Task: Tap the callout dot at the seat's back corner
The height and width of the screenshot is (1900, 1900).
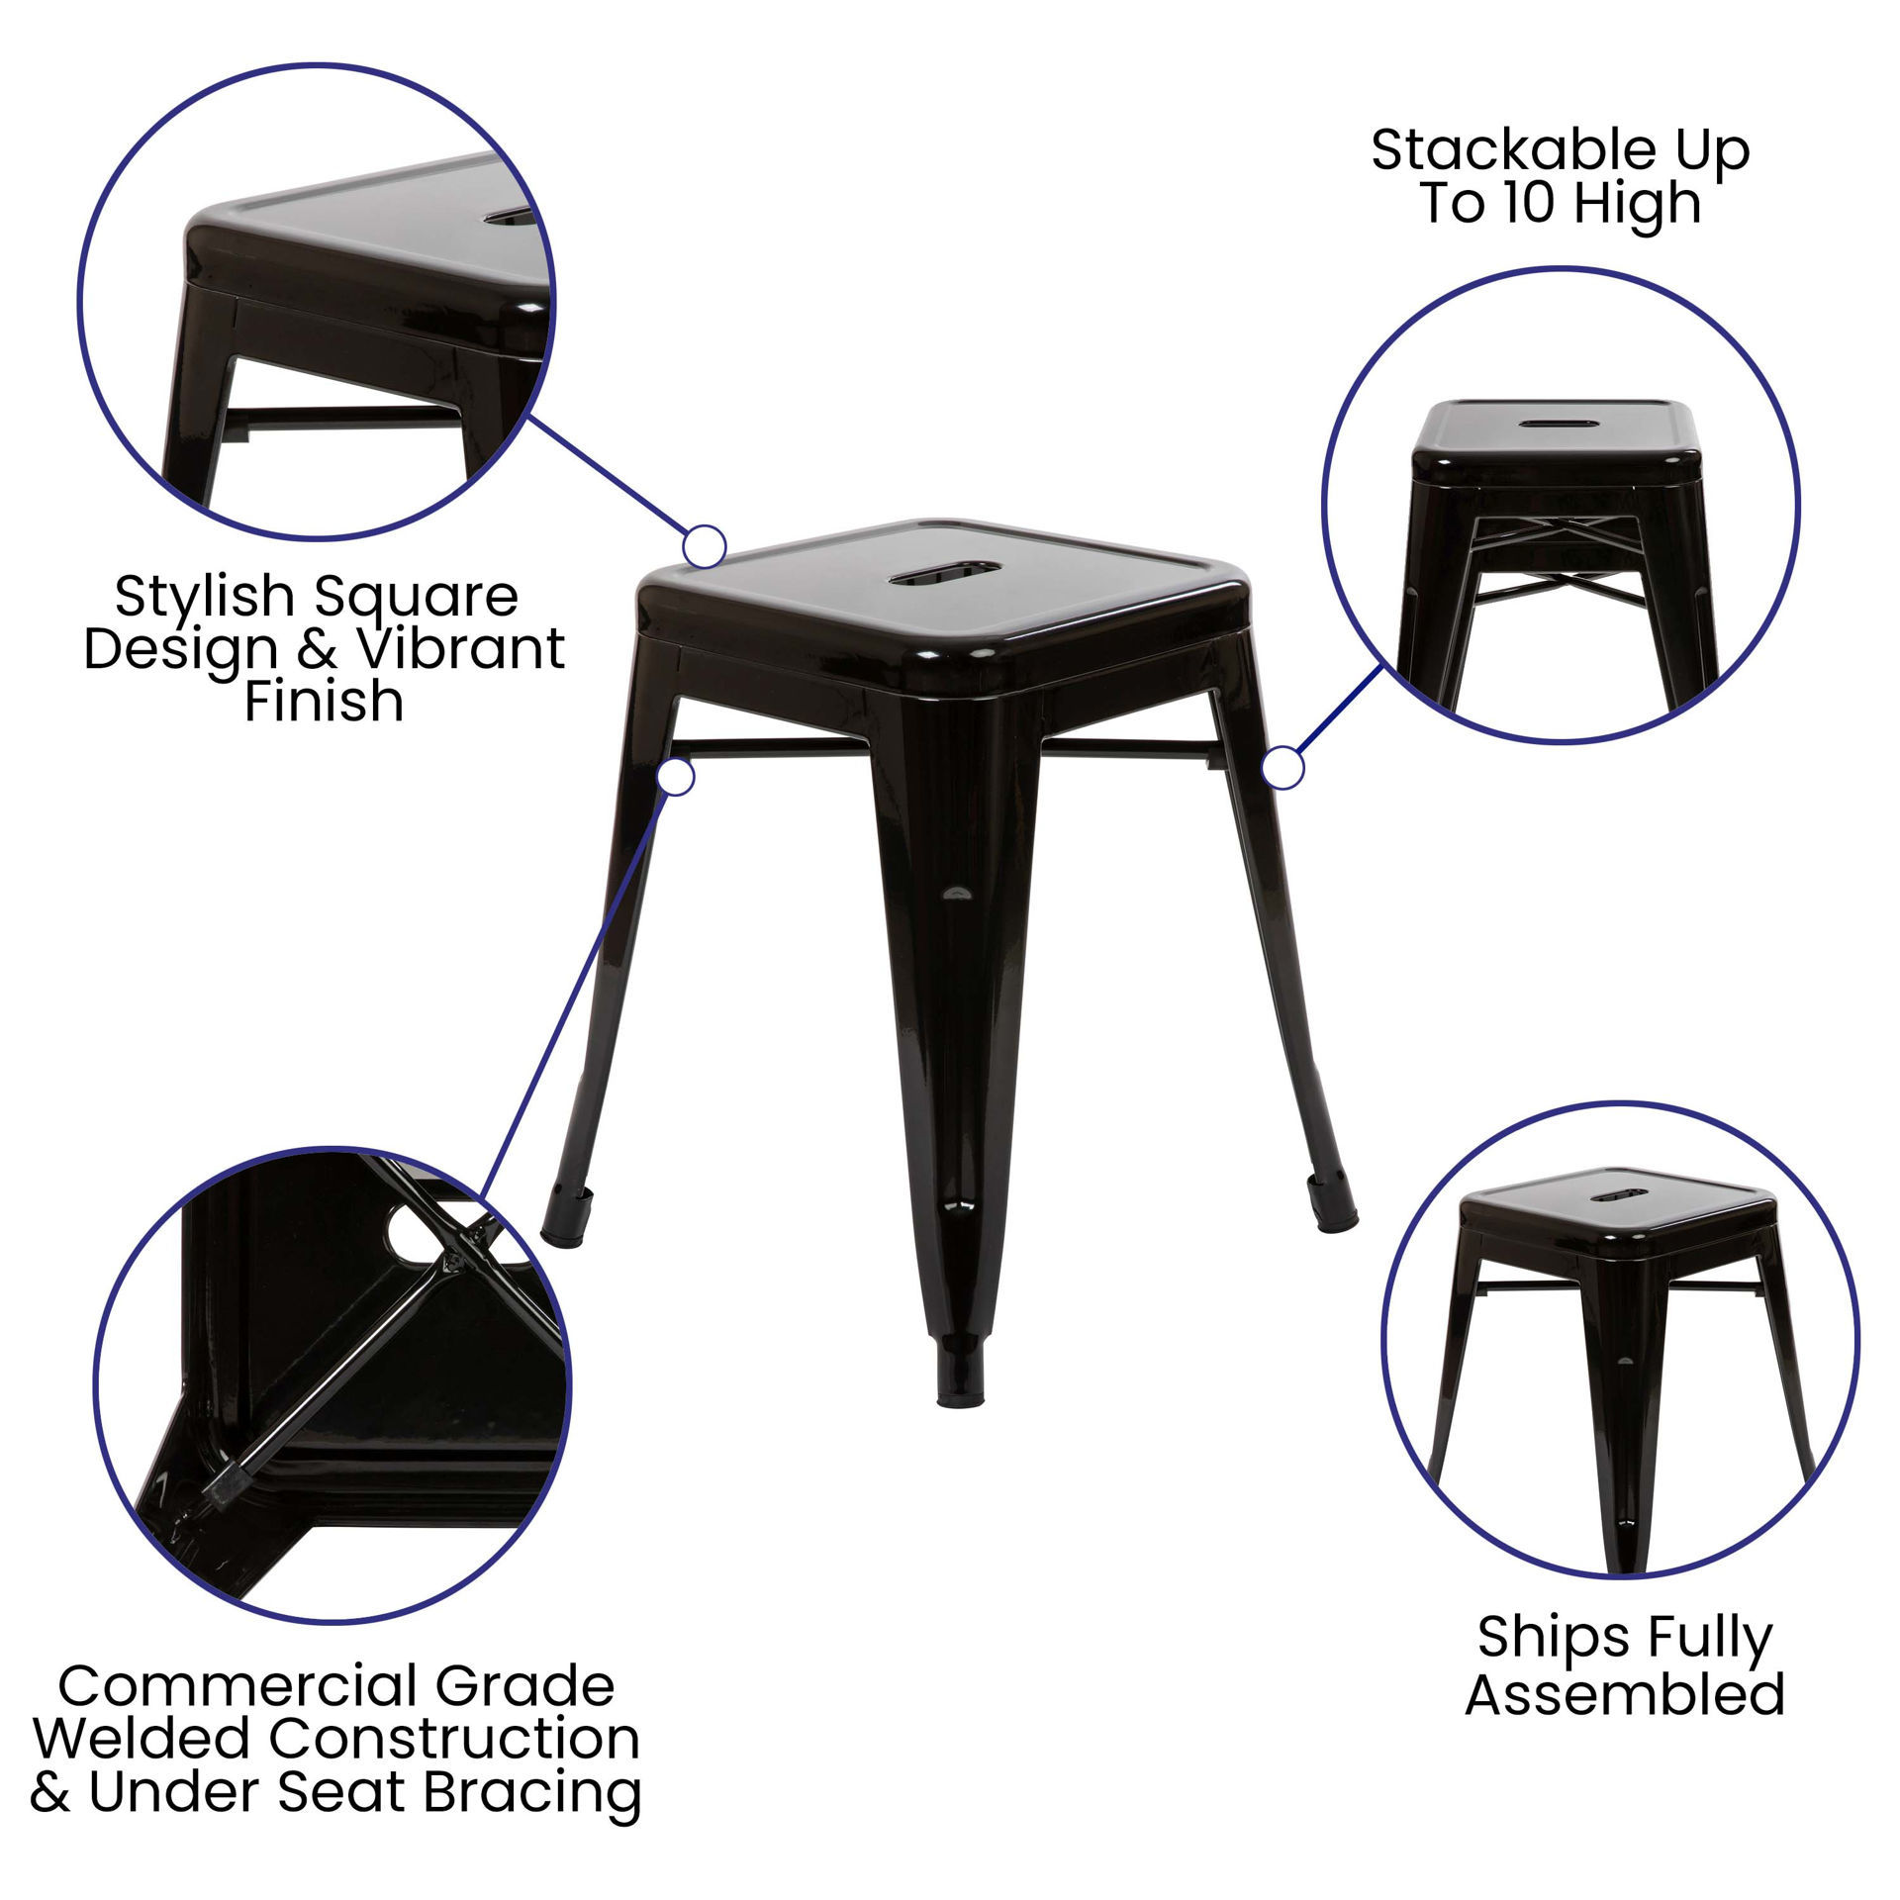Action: pos(705,546)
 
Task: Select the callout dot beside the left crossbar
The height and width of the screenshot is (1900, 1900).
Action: pos(676,776)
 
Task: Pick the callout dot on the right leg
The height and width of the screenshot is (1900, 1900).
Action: pos(1283,769)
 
